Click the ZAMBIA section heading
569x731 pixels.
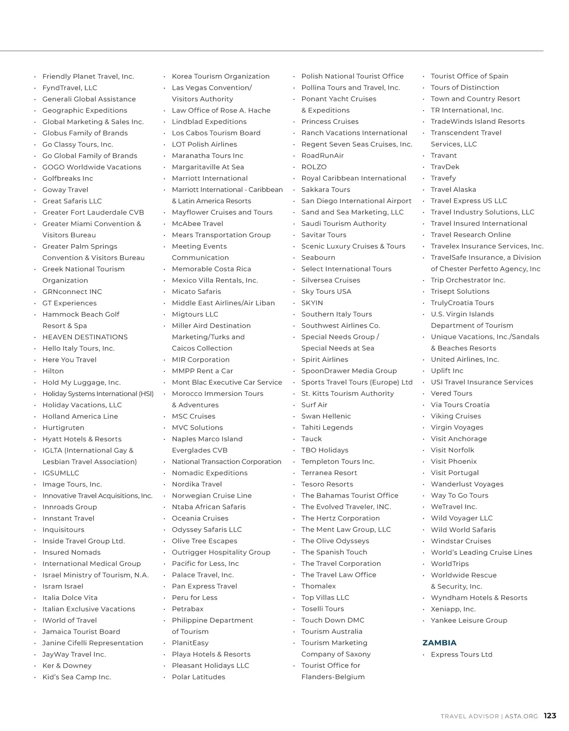(439, 643)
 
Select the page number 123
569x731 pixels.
(550, 716)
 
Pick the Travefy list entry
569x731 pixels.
(443, 178)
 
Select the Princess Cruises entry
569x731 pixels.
(330, 122)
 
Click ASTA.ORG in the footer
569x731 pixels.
(521, 716)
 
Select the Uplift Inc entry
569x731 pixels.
(447, 371)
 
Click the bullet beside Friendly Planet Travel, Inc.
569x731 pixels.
(35, 76)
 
